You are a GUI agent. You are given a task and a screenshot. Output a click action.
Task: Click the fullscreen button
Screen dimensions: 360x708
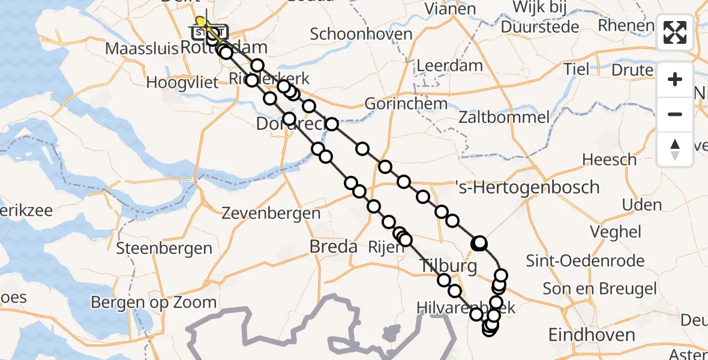pyautogui.click(x=675, y=32)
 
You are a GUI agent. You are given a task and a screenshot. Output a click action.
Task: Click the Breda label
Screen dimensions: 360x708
pyautogui.click(x=333, y=246)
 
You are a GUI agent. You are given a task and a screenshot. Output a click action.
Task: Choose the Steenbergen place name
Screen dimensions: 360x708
pyautogui.click(x=164, y=248)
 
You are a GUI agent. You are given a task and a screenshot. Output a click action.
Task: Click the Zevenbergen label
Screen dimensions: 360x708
pyautogui.click(x=271, y=212)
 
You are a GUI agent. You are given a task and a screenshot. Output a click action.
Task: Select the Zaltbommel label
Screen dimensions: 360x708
pyautogui.click(x=503, y=116)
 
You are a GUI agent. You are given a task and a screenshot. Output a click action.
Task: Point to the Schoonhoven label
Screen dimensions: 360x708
pyautogui.click(x=361, y=34)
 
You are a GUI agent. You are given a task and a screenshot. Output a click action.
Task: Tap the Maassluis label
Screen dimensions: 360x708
pyautogui.click(x=142, y=48)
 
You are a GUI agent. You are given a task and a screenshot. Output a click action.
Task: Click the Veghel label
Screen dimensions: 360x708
pyautogui.click(x=624, y=232)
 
